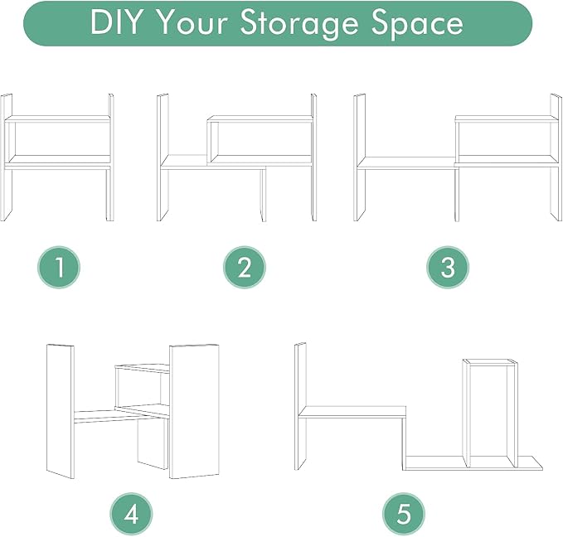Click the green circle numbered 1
click(59, 268)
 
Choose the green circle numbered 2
click(245, 268)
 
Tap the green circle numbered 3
click(448, 268)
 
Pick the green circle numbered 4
click(131, 515)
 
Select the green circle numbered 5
click(404, 515)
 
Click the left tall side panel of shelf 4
click(60, 411)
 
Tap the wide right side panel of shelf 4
click(194, 411)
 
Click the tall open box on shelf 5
click(491, 413)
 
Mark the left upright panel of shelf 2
click(163, 157)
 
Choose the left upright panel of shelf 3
click(359, 157)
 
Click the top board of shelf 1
click(57, 119)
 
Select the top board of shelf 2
click(260, 119)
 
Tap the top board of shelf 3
click(507, 119)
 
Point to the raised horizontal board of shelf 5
click(352, 412)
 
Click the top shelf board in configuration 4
click(143, 368)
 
